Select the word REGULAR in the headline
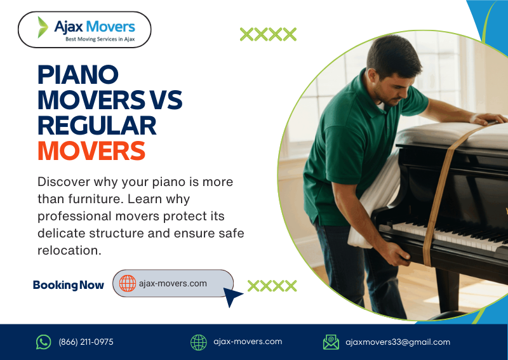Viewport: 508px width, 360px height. tap(97, 125)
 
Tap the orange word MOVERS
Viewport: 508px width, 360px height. tap(91, 150)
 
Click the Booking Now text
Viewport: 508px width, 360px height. tap(68, 285)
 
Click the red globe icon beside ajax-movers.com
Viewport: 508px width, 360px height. tap(128, 283)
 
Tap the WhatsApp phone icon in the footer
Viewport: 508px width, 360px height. tap(43, 342)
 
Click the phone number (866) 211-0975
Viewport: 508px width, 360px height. tap(86, 342)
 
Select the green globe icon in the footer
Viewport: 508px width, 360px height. tap(199, 342)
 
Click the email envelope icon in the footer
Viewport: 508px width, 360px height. tap(331, 342)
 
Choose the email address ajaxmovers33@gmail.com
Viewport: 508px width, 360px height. tap(398, 342)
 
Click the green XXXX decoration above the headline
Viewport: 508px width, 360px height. tap(268, 34)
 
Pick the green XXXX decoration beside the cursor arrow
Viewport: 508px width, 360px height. tap(272, 286)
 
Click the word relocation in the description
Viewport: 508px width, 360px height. tap(70, 250)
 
